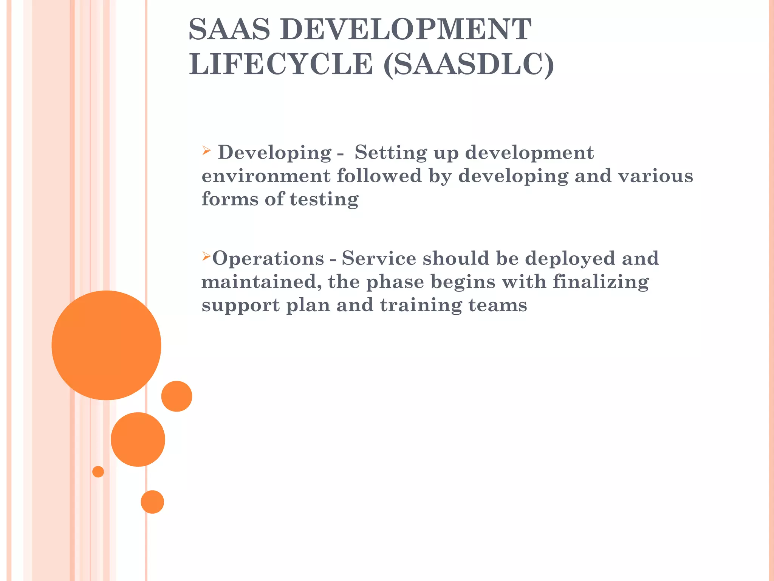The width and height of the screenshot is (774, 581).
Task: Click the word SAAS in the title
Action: (x=229, y=29)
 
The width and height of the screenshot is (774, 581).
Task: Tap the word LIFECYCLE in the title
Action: (x=281, y=64)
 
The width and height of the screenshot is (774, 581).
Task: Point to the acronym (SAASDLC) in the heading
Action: (x=469, y=65)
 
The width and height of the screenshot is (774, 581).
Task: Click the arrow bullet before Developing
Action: (x=206, y=151)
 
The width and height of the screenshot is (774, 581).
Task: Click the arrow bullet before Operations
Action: (x=206, y=257)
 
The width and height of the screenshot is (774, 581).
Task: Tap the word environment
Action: (x=266, y=176)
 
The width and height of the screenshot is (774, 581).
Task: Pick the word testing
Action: (x=324, y=200)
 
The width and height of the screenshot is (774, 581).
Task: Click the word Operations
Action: (x=268, y=259)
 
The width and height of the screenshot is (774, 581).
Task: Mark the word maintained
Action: (x=261, y=282)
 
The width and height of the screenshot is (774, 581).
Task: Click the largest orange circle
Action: (x=107, y=345)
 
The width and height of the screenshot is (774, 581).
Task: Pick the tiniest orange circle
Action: (x=98, y=472)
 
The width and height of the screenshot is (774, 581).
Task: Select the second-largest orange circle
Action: (x=138, y=439)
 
